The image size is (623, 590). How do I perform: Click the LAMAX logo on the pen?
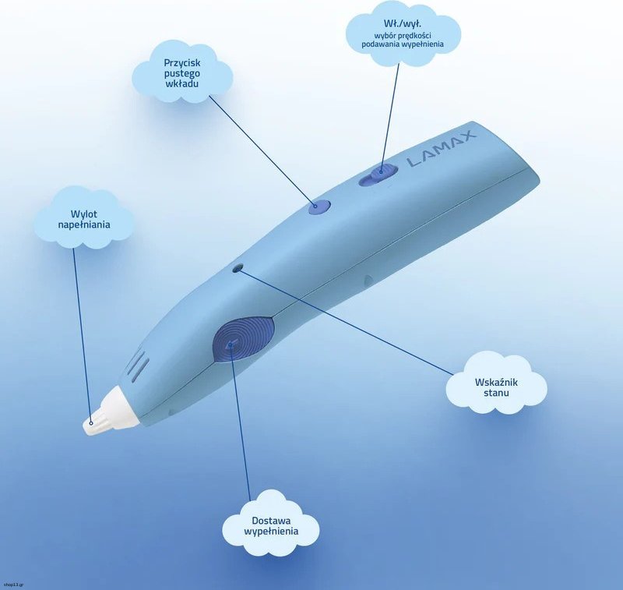[442, 149]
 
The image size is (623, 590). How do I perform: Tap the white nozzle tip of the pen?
[111, 412]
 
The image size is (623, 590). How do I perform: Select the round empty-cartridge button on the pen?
[320, 207]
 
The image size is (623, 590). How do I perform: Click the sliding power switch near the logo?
[378, 174]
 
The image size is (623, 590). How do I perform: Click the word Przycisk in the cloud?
[182, 63]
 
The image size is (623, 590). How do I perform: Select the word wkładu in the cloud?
[181, 83]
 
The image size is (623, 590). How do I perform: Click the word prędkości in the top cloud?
[415, 35]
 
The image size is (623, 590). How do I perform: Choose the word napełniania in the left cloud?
[84, 225]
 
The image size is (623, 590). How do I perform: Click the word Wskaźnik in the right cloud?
[496, 382]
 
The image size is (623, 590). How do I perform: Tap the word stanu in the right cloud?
[496, 393]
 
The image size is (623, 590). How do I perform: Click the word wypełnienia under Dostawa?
[271, 532]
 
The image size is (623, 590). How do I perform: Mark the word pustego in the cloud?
[182, 73]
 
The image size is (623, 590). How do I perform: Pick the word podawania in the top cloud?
[380, 44]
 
